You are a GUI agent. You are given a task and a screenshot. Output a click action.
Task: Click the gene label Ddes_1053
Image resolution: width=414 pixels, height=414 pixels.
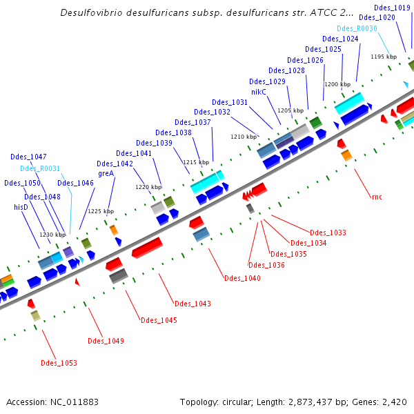point(59,363)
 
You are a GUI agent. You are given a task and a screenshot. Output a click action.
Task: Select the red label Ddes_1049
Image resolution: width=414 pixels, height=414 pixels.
point(106,341)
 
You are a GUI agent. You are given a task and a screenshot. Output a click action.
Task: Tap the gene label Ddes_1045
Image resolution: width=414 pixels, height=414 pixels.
point(159,320)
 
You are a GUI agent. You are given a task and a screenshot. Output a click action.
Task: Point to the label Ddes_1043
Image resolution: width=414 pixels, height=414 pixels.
point(193,304)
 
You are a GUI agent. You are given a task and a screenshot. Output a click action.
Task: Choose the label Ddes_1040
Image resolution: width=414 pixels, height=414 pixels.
point(242,278)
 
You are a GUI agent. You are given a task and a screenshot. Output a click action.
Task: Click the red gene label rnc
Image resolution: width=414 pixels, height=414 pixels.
point(377,197)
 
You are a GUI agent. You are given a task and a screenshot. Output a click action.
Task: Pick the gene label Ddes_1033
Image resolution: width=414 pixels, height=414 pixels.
point(328,233)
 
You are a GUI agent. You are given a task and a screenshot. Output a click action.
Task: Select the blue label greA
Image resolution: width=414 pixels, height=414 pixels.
point(106,173)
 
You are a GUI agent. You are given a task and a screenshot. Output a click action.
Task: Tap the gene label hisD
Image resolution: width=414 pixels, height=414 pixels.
point(21,207)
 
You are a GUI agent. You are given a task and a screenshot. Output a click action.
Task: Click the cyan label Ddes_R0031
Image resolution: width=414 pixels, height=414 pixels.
point(40,168)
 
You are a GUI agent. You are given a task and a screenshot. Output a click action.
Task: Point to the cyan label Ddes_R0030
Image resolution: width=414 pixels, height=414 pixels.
point(357,28)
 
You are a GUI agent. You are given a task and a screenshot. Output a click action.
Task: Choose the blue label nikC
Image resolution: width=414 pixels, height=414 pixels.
point(259,92)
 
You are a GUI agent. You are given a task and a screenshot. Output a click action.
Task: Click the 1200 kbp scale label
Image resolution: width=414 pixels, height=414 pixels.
point(337,84)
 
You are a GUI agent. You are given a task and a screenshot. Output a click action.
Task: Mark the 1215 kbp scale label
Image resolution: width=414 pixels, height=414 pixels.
point(195,161)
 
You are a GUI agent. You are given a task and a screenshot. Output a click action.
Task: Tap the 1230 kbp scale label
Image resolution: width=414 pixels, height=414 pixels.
point(52,235)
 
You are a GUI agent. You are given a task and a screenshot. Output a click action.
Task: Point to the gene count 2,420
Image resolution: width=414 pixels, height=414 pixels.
point(395,402)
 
